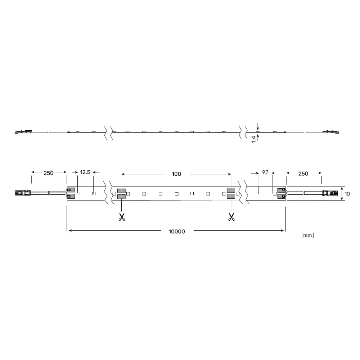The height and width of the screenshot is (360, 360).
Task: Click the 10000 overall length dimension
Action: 176,231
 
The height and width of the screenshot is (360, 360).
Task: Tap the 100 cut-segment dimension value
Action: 176,174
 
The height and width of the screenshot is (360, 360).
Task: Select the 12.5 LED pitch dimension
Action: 85,172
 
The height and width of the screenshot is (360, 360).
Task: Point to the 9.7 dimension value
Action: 265,172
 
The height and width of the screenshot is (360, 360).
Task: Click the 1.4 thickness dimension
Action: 253,139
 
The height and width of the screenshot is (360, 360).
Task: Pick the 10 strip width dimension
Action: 347,194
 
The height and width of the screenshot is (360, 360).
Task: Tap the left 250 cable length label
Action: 49,173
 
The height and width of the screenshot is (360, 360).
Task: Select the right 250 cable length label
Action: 303,174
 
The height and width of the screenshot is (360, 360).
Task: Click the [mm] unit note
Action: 307,235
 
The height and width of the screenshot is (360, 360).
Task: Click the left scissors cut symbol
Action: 122,217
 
